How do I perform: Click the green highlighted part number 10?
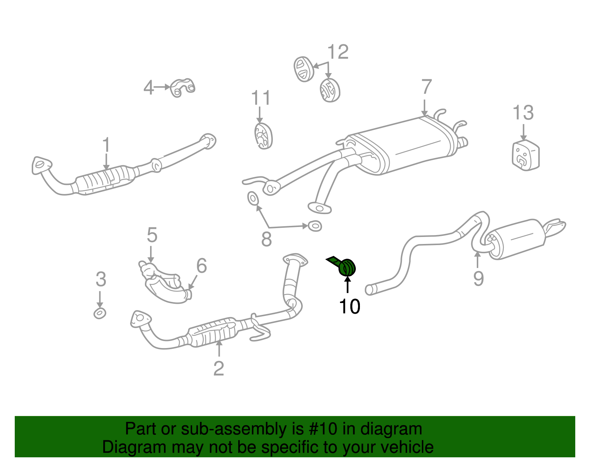pyautogui.click(x=347, y=267)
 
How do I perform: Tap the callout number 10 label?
pyautogui.click(x=349, y=306)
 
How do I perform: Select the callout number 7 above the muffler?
pyautogui.click(x=426, y=87)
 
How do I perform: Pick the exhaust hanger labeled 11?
pyautogui.click(x=263, y=136)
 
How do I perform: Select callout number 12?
pyautogui.click(x=337, y=52)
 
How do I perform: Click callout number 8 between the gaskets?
pyautogui.click(x=266, y=239)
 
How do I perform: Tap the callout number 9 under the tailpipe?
pyautogui.click(x=478, y=278)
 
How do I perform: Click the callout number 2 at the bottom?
pyautogui.click(x=218, y=368)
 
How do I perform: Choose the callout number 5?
pyautogui.click(x=152, y=235)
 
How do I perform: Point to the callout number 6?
pyautogui.click(x=201, y=265)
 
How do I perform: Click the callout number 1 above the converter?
pyautogui.click(x=106, y=145)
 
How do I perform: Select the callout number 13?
pyautogui.click(x=523, y=113)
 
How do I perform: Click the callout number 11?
pyautogui.click(x=260, y=98)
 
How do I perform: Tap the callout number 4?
pyautogui.click(x=148, y=88)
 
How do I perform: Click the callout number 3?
pyautogui.click(x=101, y=279)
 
